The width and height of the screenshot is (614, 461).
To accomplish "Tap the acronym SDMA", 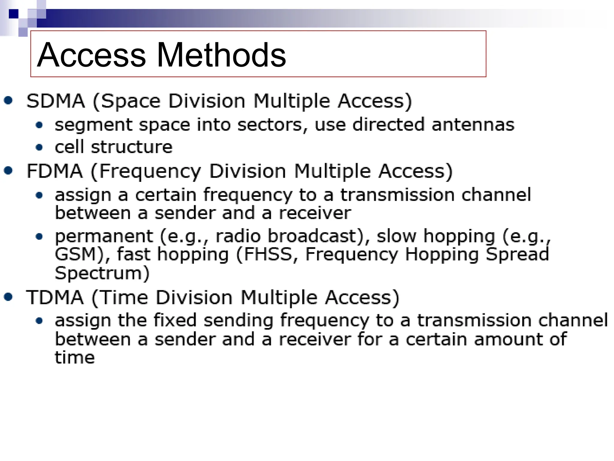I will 56,101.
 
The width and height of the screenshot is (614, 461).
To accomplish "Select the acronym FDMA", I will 55,171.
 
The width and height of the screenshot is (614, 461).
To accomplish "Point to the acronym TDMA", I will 55,297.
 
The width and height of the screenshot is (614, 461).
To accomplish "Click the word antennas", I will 473,125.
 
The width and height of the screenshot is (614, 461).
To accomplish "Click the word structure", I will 132,147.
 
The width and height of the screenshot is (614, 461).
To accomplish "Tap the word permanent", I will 104,236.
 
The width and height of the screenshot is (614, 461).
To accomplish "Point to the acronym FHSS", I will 268,254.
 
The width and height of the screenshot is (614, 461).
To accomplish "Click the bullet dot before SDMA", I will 8,100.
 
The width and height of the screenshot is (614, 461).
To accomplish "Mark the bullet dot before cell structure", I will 39,147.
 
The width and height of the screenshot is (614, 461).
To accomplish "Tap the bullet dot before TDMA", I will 8,297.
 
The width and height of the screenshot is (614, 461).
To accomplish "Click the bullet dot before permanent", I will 39,237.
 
